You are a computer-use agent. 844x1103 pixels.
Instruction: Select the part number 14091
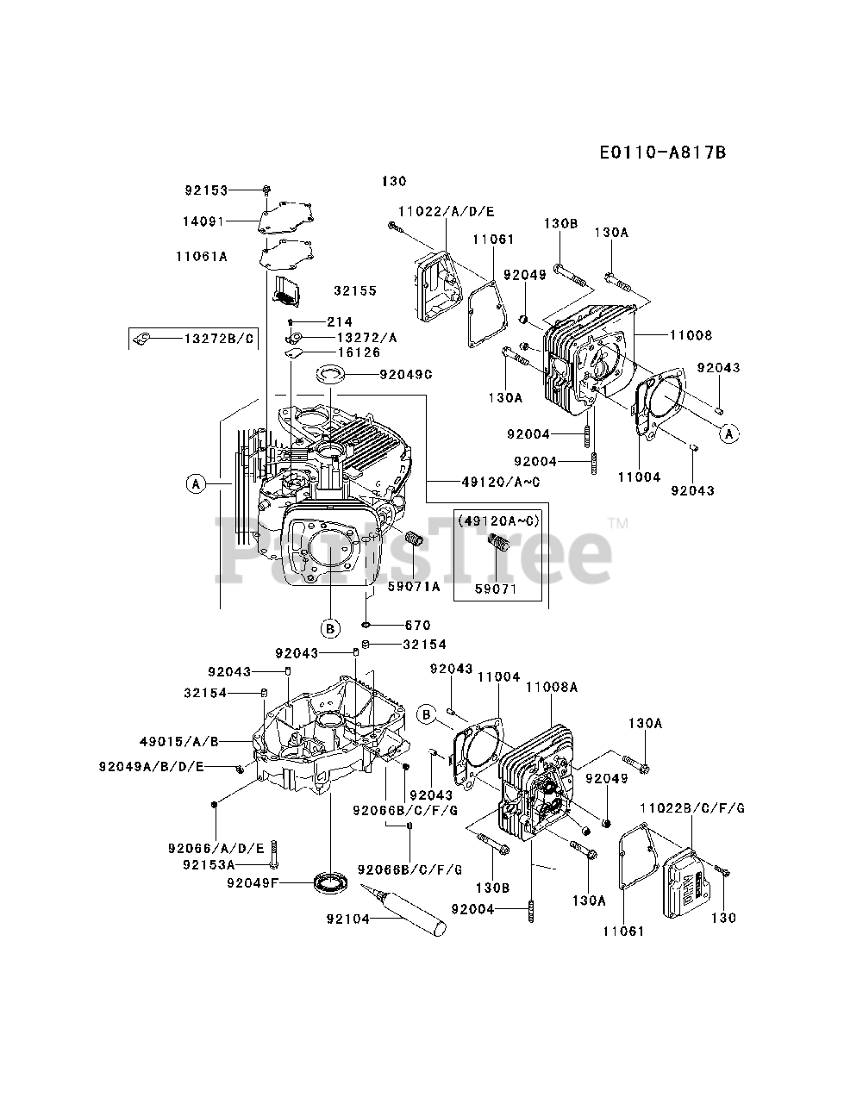click(203, 221)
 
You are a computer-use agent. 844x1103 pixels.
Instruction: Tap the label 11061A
click(201, 256)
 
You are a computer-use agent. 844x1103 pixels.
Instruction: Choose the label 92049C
click(405, 375)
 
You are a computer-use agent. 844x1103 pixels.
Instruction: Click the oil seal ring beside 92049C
click(331, 373)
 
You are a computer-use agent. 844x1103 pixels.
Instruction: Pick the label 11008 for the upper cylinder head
click(690, 335)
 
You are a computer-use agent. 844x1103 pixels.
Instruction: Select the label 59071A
click(413, 587)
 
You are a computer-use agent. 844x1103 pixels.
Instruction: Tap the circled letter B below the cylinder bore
click(332, 627)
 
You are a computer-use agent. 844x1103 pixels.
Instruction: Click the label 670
click(417, 626)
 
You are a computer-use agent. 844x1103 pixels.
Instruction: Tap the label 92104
click(347, 919)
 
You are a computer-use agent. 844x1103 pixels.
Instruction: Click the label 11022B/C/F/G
click(692, 807)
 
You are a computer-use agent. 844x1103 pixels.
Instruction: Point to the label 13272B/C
click(220, 339)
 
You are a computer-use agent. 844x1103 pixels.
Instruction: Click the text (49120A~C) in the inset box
click(498, 521)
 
